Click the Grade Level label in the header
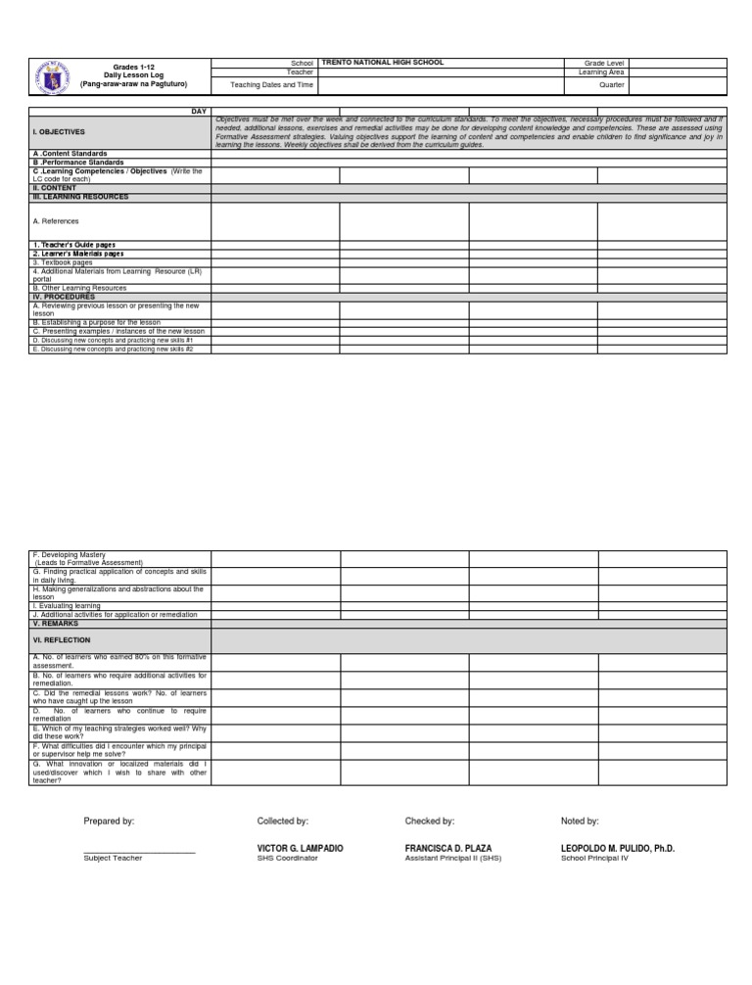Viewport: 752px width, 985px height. [x=604, y=63]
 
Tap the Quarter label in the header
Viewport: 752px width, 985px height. [x=612, y=85]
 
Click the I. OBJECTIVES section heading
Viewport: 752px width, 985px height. [x=59, y=131]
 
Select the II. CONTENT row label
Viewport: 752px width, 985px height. [x=54, y=188]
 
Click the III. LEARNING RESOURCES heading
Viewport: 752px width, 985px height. [x=80, y=197]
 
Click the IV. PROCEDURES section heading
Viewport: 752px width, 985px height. [x=64, y=296]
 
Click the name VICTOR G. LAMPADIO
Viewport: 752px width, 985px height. [x=300, y=848]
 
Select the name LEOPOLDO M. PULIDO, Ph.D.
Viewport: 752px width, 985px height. [x=617, y=848]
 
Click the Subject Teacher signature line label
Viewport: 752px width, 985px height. [x=113, y=858]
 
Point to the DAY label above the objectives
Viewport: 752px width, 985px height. [x=199, y=112]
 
